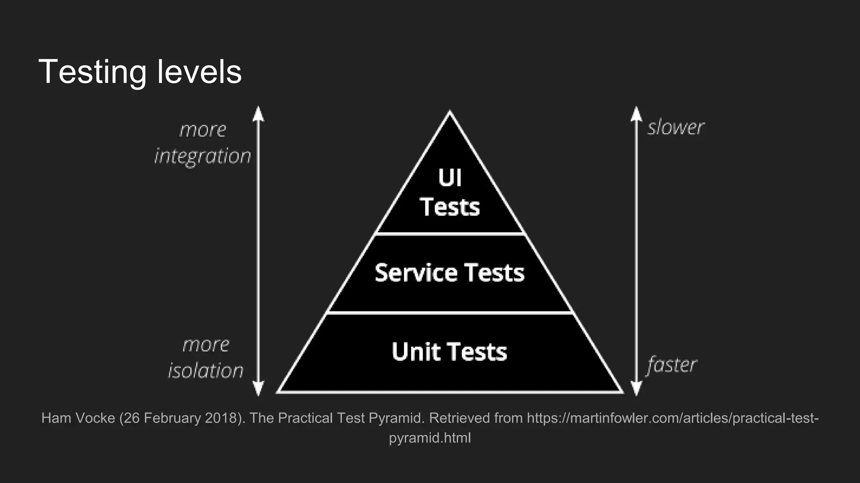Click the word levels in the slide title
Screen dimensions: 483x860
coord(199,72)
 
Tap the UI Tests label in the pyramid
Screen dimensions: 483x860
coord(450,193)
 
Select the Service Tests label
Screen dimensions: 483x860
coord(449,273)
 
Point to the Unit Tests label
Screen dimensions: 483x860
coord(449,351)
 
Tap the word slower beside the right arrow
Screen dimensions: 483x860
coord(676,127)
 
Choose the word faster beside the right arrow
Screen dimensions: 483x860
coord(672,365)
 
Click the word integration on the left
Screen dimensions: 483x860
coord(203,156)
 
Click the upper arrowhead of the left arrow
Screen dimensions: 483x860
coord(258,113)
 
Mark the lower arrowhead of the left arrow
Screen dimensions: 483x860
coord(258,389)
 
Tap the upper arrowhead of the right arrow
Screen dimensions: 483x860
coord(637,113)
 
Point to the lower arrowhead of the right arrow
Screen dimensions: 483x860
coord(637,389)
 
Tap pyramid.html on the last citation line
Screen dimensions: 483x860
coord(430,438)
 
